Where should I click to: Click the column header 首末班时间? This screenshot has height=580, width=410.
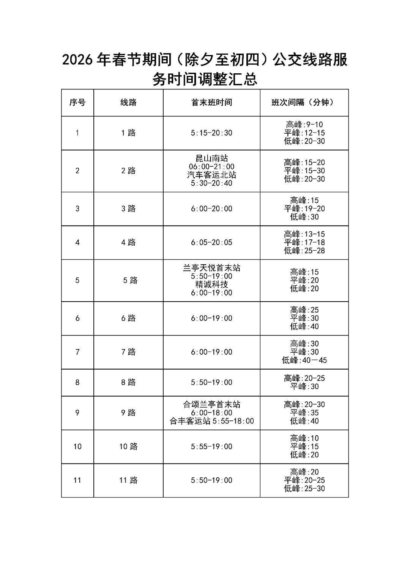click(211, 103)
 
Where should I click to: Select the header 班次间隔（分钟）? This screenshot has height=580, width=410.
click(304, 103)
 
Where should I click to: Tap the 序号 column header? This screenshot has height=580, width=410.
click(77, 103)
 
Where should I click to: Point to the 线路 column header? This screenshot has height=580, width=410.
click(128, 103)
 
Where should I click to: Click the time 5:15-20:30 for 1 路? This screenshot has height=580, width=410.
click(211, 133)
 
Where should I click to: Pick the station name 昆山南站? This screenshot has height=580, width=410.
click(211, 158)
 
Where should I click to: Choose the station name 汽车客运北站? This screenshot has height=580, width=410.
click(211, 175)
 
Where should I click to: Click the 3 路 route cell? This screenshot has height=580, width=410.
click(128, 209)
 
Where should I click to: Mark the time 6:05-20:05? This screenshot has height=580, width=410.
click(211, 242)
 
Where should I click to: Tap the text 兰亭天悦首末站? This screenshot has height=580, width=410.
click(211, 268)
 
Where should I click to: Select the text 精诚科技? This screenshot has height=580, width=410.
click(211, 284)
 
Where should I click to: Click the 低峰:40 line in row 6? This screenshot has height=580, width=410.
click(304, 327)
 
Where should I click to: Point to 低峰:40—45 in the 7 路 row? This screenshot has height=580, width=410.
click(304, 360)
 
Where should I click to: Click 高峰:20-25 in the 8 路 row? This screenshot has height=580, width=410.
click(304, 378)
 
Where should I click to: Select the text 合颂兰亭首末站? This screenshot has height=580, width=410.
click(211, 405)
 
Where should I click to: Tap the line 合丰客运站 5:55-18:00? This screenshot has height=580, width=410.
click(211, 421)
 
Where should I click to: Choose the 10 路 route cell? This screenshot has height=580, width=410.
click(128, 447)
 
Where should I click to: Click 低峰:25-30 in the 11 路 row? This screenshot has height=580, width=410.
click(304, 489)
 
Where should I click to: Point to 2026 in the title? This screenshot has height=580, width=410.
click(77, 60)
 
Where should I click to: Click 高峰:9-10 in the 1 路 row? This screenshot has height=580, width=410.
click(304, 125)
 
